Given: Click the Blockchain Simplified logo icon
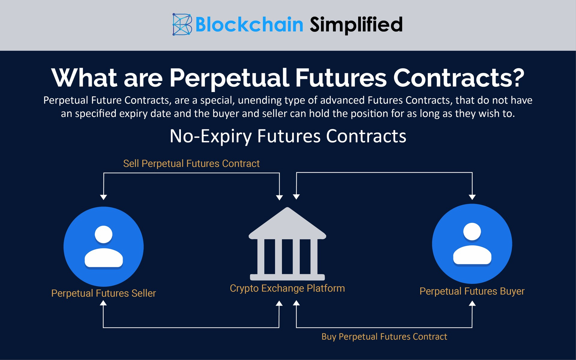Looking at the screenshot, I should pyautogui.click(x=182, y=25).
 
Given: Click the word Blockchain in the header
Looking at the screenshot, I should pyautogui.click(x=249, y=25).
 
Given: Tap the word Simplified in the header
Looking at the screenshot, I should pyautogui.click(x=356, y=25).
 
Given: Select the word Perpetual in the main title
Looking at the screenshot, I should pyautogui.click(x=229, y=78).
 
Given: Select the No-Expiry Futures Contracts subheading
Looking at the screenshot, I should pyautogui.click(x=288, y=136).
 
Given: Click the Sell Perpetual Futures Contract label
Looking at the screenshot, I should pyautogui.click(x=191, y=163).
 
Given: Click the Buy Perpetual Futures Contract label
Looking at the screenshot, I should pyautogui.click(x=384, y=337).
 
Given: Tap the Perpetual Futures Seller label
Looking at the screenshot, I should pyautogui.click(x=103, y=293).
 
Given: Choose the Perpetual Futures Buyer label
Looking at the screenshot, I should pyautogui.click(x=472, y=291).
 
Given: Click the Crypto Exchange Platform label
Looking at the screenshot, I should pyautogui.click(x=287, y=288).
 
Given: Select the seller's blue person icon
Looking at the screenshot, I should pyautogui.click(x=103, y=247).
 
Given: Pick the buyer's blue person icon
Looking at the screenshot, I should pyautogui.click(x=472, y=244).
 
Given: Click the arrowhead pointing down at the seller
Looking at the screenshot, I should pyautogui.click(x=103, y=197).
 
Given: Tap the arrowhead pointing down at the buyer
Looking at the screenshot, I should pyautogui.click(x=472, y=197).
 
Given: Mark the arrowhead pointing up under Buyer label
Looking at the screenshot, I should pyautogui.click(x=472, y=303).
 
